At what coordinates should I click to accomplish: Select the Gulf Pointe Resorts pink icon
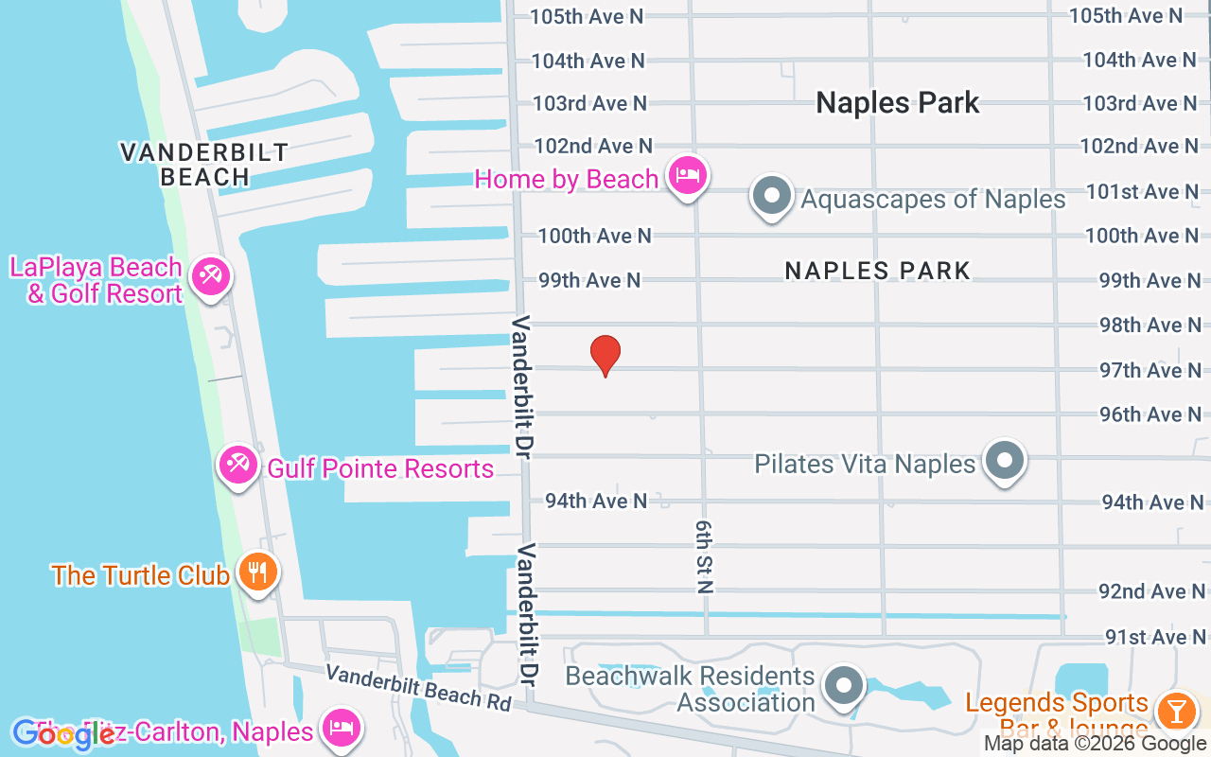[237, 466]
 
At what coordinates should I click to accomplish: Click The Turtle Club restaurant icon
[256, 572]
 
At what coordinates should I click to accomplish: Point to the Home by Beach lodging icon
[688, 176]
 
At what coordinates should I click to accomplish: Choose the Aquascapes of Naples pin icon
[772, 197]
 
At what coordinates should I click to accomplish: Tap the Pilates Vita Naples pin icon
[1004, 462]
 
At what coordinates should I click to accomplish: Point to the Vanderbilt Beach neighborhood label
[204, 164]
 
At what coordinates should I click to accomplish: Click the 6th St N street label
[703, 555]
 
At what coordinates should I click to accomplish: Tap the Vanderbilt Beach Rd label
[419, 688]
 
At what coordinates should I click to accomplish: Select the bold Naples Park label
[898, 102]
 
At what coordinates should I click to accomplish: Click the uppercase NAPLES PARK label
[878, 272]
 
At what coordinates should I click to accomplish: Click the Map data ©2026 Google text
[1095, 744]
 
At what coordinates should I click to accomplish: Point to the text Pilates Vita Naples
[865, 464]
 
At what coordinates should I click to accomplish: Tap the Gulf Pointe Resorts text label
[380, 468]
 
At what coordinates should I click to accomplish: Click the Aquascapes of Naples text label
[933, 200]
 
